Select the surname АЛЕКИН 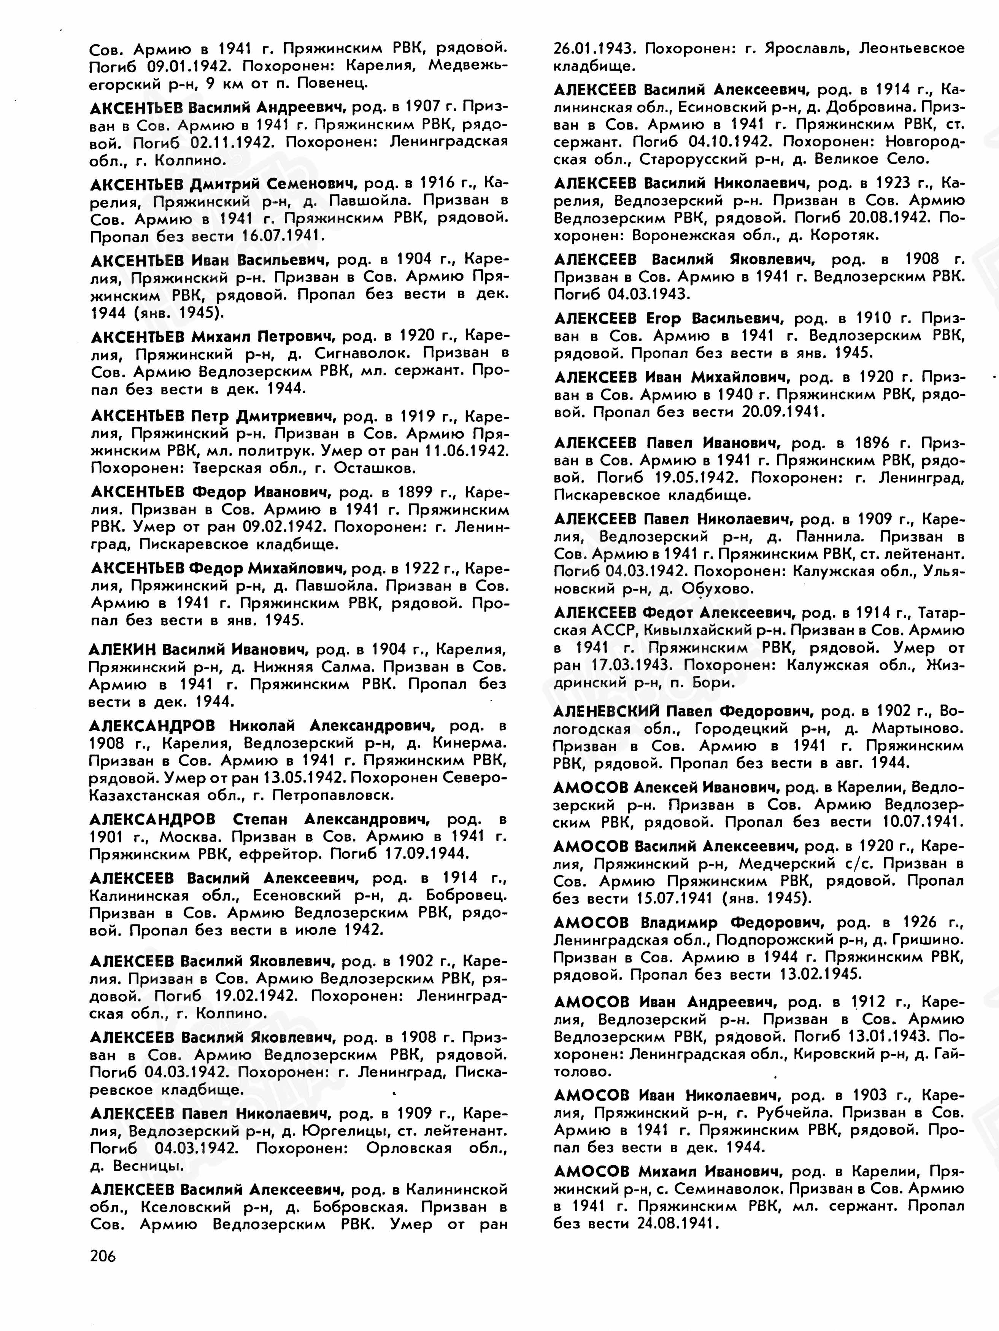pos(122,649)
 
